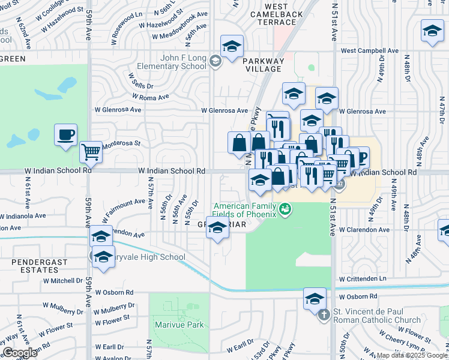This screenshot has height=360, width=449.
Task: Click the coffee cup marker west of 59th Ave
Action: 65,135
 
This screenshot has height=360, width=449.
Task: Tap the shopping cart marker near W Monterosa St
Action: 91,152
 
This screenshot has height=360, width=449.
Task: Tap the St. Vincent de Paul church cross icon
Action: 324,314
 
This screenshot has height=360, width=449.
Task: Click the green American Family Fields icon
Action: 285,209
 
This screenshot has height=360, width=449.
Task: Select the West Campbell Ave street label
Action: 369,51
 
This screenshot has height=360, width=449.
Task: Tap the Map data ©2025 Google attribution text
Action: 412,355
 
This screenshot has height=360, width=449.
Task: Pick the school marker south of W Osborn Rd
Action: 315,298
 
